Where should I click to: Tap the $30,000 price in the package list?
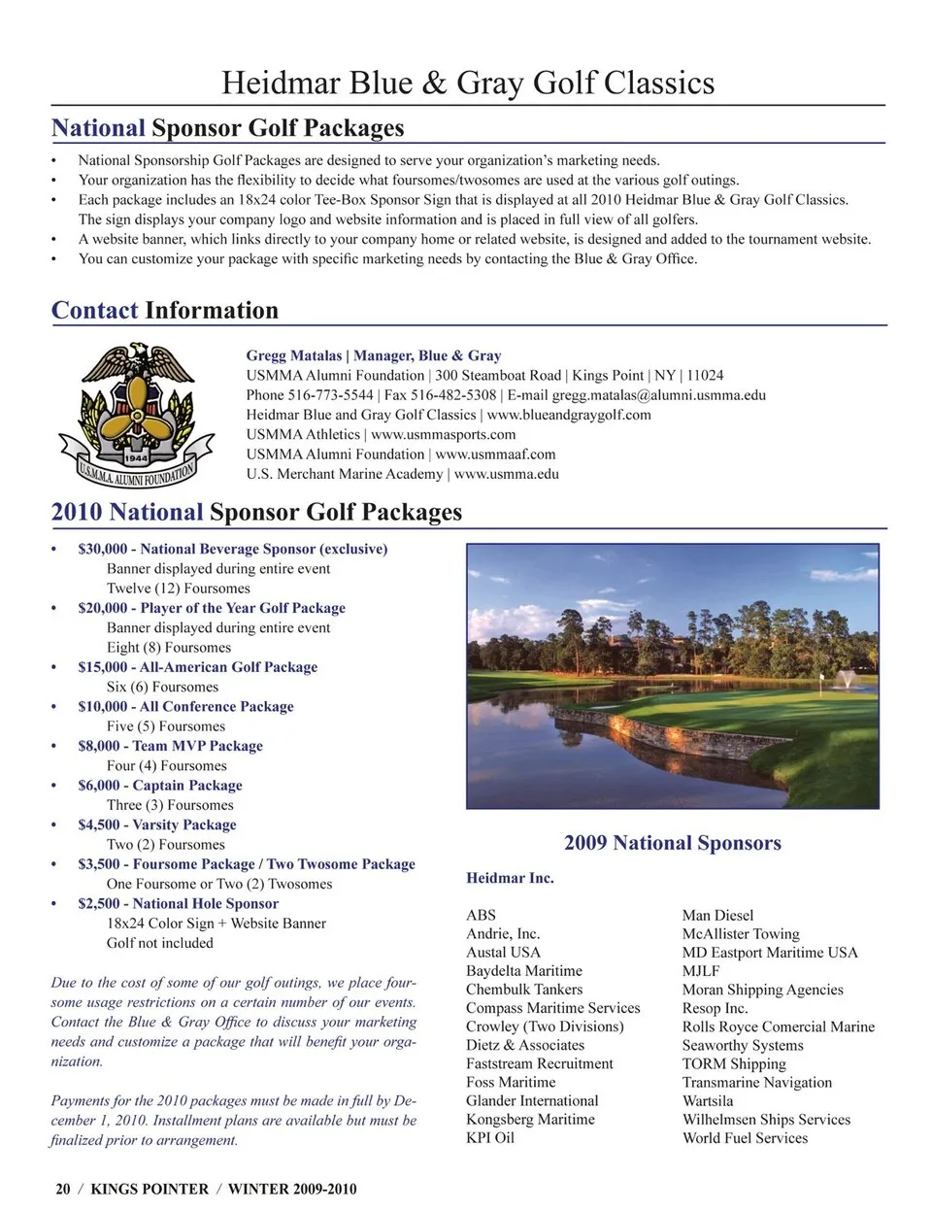tap(102, 549)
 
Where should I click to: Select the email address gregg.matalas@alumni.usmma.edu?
tap(658, 395)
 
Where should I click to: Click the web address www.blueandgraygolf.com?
tap(569, 415)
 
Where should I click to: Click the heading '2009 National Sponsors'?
tap(672, 843)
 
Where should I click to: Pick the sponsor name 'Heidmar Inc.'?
tap(510, 878)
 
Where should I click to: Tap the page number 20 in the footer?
tap(63, 1189)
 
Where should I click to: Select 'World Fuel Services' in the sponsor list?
tap(745, 1138)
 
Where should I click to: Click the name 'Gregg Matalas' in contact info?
tap(293, 355)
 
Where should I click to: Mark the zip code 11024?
tap(705, 375)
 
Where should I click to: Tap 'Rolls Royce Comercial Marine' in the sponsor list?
tap(778, 1026)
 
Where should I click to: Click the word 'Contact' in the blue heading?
tap(94, 311)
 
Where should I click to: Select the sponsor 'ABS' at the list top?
tap(481, 915)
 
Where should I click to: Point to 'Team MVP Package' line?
tap(197, 746)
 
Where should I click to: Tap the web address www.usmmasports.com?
tap(443, 434)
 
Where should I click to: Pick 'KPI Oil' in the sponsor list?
tap(490, 1138)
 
